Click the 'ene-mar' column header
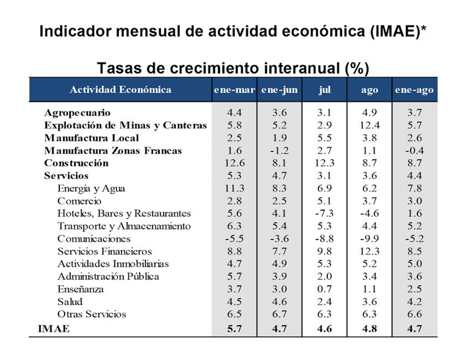point(234,90)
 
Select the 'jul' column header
point(324,90)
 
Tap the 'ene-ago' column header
point(414,90)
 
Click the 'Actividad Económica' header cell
point(120,89)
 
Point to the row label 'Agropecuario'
point(78,113)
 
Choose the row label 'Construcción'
point(76,163)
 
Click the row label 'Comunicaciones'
point(94,239)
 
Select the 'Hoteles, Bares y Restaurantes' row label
point(124,213)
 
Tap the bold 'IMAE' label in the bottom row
point(54,329)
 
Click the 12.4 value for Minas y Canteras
point(369,126)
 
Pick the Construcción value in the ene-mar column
point(235,163)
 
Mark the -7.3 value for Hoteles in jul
point(324,213)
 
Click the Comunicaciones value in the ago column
point(369,239)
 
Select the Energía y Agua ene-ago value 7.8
point(414,189)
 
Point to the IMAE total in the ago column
point(369,329)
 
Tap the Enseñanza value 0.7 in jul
point(324,289)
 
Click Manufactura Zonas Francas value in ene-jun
point(280,151)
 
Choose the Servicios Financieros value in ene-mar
point(235,252)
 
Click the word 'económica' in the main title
point(323,31)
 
